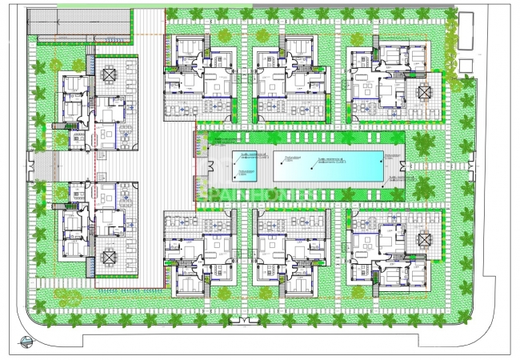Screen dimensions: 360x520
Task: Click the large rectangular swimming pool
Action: (329, 166)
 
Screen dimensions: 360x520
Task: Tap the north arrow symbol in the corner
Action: (28, 343)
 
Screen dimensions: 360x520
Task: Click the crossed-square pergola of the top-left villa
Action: (109, 74)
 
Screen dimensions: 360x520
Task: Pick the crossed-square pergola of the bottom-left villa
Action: (109, 257)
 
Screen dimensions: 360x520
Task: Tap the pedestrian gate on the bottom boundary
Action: (240, 322)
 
